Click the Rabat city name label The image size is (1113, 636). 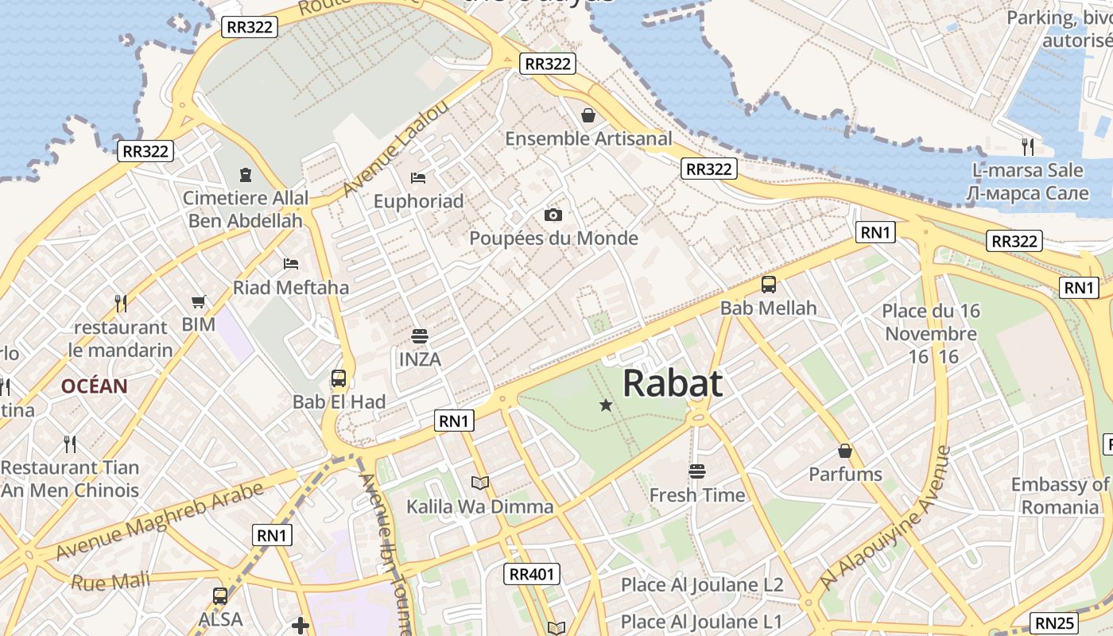click(673, 383)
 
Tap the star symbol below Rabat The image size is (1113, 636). click(606, 405)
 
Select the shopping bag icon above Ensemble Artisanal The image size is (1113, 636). click(588, 115)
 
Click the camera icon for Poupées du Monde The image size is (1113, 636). click(553, 215)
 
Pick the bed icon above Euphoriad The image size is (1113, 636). click(418, 177)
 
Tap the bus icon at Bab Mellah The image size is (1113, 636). click(768, 284)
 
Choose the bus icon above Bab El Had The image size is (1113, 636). click(339, 378)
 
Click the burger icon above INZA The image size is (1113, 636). click(420, 335)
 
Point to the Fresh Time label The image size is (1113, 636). click(697, 495)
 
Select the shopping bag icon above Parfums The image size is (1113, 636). click(845, 451)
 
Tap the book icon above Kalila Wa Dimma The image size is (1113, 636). click(480, 483)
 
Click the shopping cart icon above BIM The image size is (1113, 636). click(199, 301)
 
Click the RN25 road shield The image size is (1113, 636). click(1056, 623)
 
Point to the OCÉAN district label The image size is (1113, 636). click(95, 386)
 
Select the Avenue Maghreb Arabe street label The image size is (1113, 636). click(159, 521)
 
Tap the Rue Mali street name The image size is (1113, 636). click(111, 581)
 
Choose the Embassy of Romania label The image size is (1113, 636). click(1060, 495)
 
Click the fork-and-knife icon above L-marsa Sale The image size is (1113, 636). click(1028, 146)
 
